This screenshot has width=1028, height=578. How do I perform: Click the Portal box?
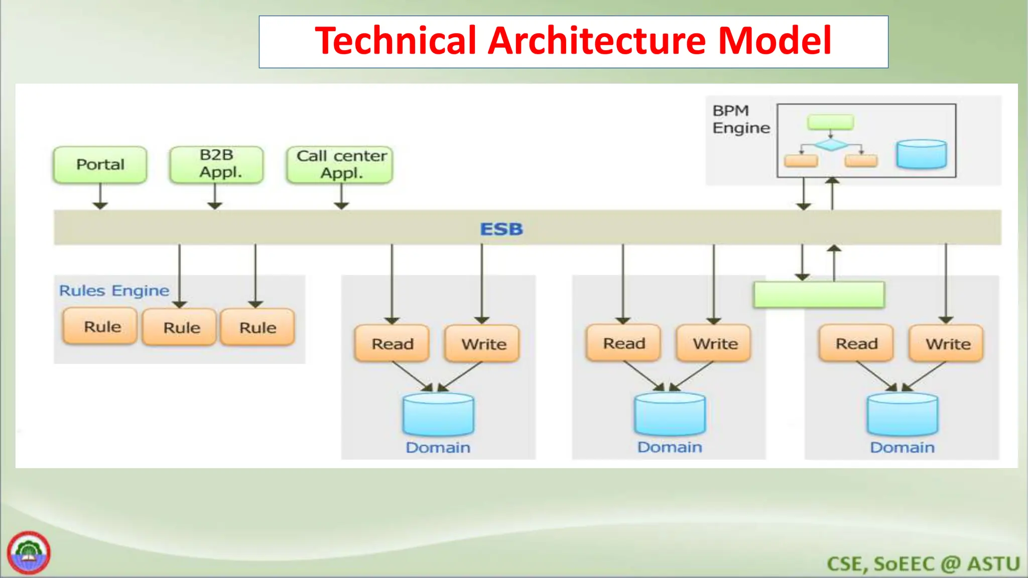click(x=100, y=165)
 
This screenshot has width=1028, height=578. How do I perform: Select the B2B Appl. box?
click(x=216, y=164)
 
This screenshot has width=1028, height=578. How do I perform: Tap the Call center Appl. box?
click(x=340, y=165)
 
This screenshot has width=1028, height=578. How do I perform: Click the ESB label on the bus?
click(x=501, y=229)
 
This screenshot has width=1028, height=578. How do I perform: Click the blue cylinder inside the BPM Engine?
click(x=921, y=154)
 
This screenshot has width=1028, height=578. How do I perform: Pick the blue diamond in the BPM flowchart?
click(x=831, y=145)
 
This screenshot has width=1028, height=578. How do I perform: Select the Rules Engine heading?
click(x=114, y=291)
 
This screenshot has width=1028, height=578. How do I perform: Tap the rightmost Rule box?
click(x=258, y=328)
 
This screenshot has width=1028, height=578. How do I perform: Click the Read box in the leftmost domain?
click(x=392, y=344)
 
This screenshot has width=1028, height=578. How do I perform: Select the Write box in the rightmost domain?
click(x=947, y=344)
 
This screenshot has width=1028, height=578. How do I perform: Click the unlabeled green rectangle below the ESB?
click(x=819, y=295)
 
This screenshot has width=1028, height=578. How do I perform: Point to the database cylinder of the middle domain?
click(x=670, y=414)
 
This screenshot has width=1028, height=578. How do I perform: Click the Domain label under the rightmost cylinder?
click(x=902, y=448)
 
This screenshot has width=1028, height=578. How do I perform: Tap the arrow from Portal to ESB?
click(x=100, y=196)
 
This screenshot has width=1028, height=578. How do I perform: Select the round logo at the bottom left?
click(x=29, y=552)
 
